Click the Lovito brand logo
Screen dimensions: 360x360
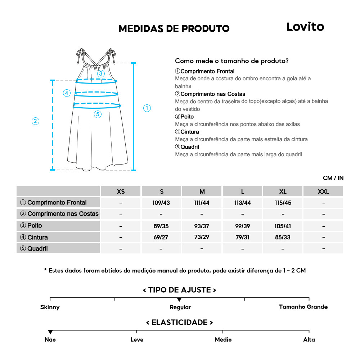(305, 27)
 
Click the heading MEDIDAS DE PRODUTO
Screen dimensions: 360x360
(174, 28)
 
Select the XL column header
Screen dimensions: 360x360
(283, 191)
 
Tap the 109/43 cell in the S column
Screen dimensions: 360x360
(161, 203)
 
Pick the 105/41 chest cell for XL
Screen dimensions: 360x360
(283, 226)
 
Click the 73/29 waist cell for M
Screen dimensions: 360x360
(202, 237)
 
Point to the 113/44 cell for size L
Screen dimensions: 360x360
(242, 203)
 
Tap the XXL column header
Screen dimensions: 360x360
(323, 191)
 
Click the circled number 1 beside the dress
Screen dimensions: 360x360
(147, 108)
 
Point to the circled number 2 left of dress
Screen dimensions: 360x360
(35, 121)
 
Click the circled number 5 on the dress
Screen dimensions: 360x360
(98, 114)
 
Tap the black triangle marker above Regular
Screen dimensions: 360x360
(179, 300)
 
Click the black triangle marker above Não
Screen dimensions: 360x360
(50, 332)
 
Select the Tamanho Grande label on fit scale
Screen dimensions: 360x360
(303, 307)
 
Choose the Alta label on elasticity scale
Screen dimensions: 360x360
(309, 339)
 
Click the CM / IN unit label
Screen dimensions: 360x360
(333, 178)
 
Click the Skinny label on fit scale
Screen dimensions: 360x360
(50, 307)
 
